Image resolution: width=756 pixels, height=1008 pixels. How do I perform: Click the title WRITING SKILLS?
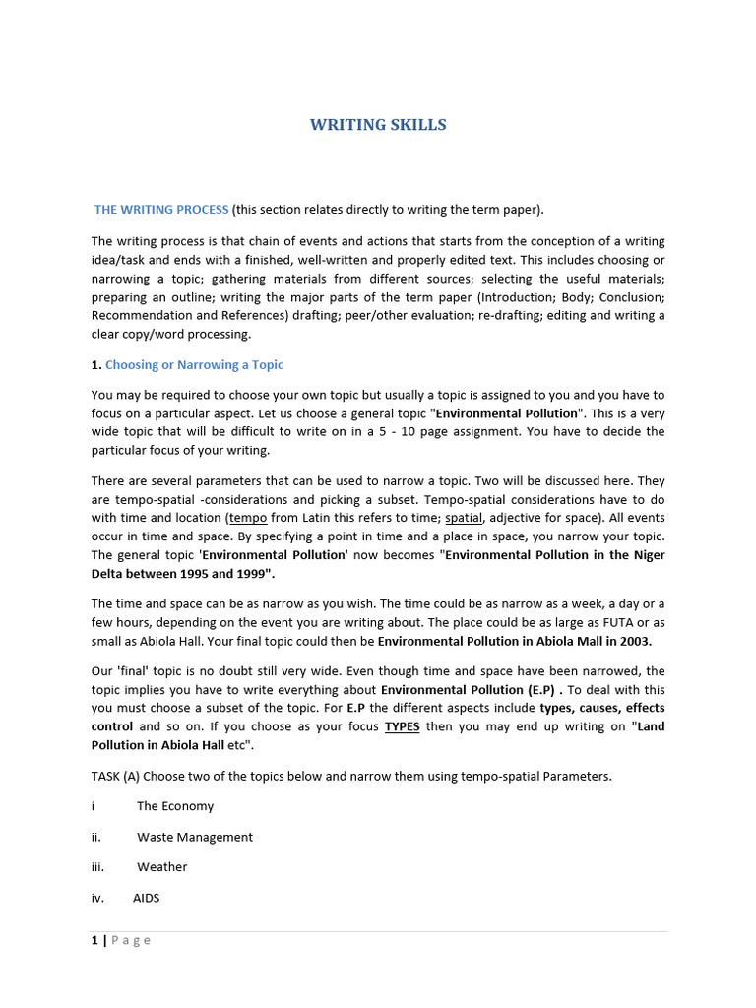tap(378, 125)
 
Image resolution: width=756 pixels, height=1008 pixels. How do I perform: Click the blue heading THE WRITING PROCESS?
tap(161, 210)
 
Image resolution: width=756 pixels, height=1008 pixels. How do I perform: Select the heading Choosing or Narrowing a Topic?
tap(194, 365)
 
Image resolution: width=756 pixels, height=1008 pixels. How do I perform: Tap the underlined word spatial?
tap(464, 518)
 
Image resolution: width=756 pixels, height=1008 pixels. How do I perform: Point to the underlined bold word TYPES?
tap(402, 726)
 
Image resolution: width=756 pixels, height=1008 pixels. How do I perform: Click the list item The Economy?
tap(175, 806)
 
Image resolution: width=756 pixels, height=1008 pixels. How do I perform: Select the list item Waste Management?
tap(195, 837)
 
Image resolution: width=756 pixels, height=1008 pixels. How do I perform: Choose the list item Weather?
tap(162, 867)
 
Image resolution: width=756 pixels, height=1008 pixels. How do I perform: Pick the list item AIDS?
tap(146, 898)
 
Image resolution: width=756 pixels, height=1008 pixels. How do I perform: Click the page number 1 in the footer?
tap(94, 940)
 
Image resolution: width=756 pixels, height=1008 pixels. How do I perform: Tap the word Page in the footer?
tap(131, 940)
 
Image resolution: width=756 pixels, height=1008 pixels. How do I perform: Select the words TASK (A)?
tap(116, 776)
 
